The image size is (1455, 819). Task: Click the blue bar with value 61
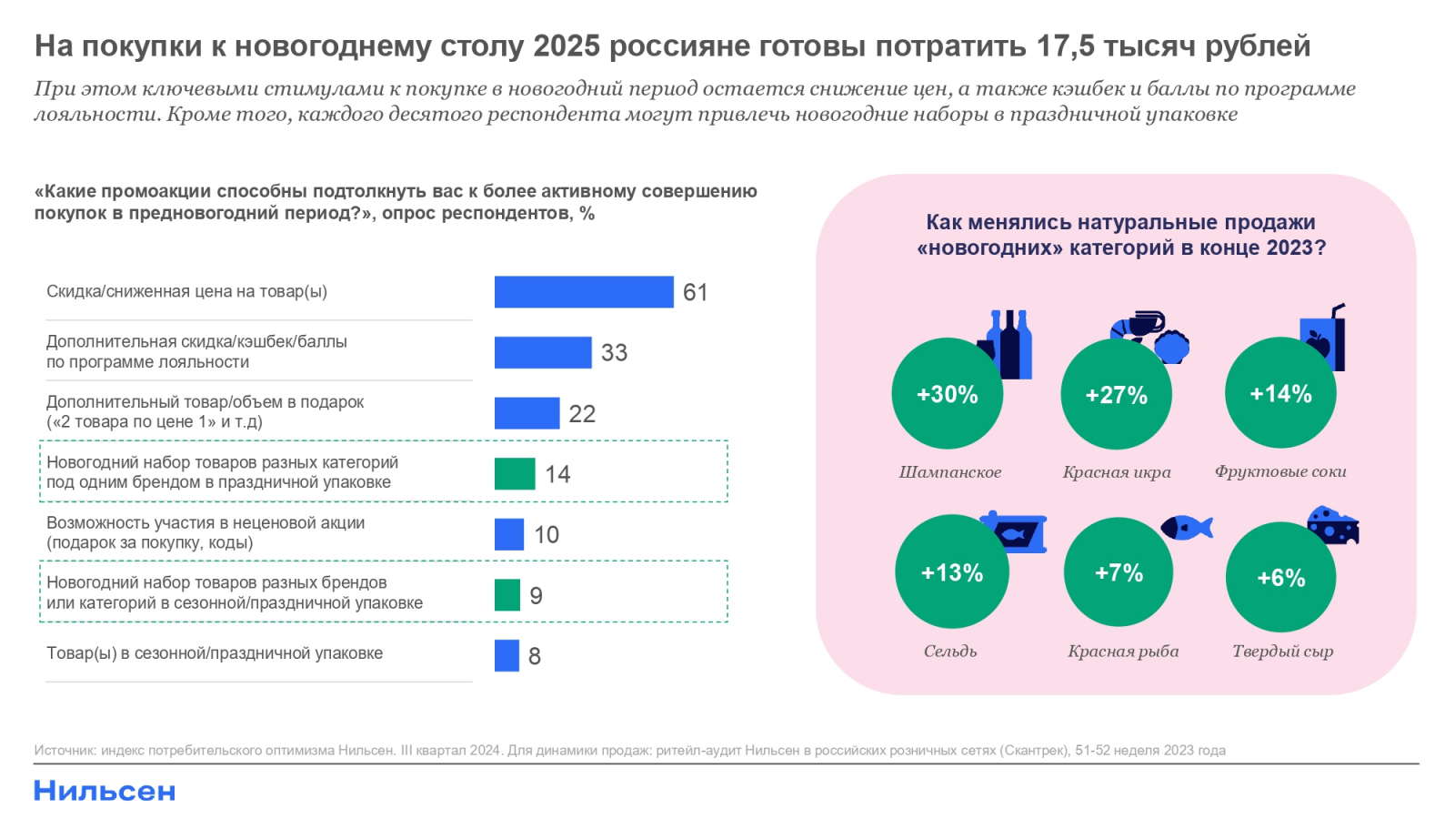click(584, 292)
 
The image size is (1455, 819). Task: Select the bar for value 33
click(543, 352)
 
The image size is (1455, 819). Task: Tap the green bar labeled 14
click(515, 474)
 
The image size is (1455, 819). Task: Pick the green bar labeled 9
click(507, 595)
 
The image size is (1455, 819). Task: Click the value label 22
click(582, 414)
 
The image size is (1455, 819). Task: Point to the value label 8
click(535, 656)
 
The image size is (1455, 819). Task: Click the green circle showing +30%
click(947, 394)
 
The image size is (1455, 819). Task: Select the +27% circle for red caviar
click(1116, 395)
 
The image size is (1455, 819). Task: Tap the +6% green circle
click(1280, 577)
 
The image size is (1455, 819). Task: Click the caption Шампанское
click(950, 472)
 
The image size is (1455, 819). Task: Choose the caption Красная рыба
click(1123, 652)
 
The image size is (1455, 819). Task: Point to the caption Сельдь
click(950, 652)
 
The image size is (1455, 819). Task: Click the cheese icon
click(1333, 525)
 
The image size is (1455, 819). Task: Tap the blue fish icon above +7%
click(1187, 528)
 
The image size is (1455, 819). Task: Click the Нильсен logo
click(105, 791)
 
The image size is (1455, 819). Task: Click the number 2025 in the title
click(567, 45)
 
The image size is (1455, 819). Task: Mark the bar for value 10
click(509, 535)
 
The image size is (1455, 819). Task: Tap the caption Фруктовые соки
click(1280, 471)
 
